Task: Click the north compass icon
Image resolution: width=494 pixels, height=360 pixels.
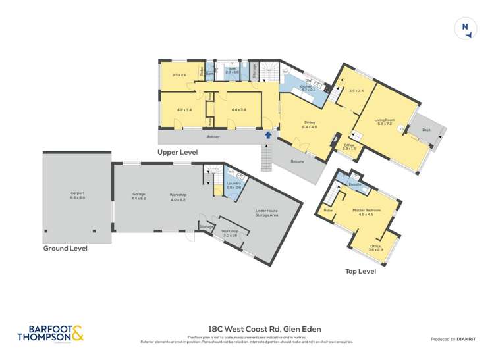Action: click(465, 28)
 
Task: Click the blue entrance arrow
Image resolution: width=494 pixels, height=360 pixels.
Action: click(267, 136)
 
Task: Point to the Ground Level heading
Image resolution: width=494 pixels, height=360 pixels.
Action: click(65, 249)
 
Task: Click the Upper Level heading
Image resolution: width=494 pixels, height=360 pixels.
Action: click(177, 152)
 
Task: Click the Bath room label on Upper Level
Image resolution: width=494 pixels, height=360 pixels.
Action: click(233, 69)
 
